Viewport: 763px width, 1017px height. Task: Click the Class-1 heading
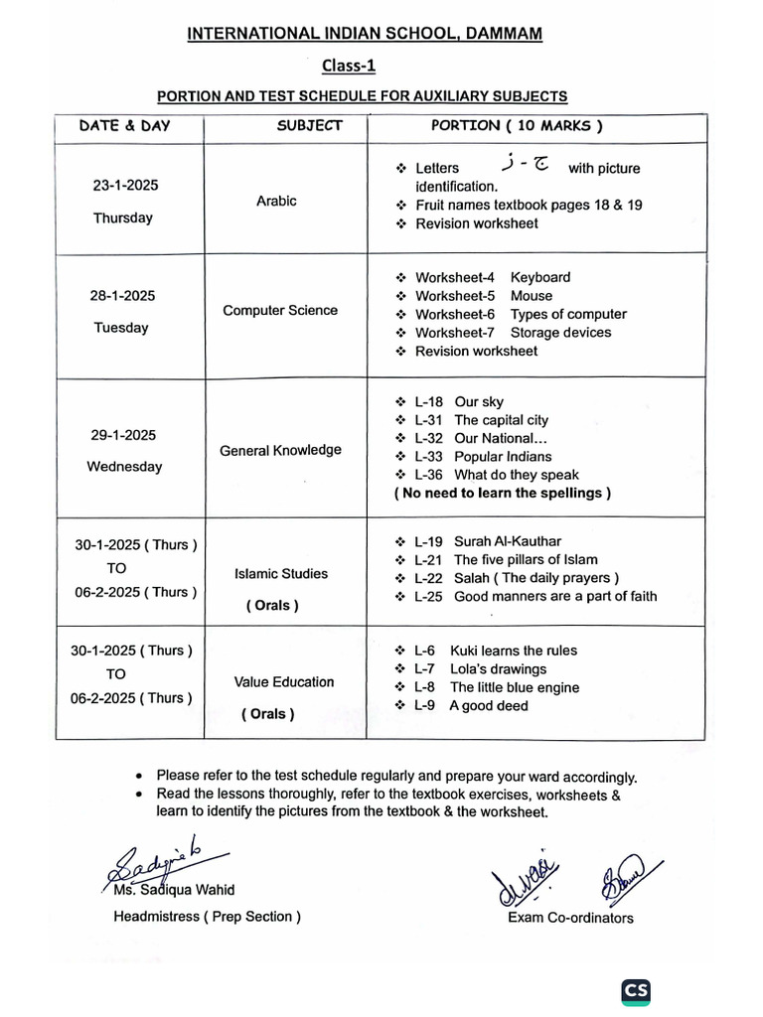(349, 67)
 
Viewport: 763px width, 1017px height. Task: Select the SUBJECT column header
(309, 126)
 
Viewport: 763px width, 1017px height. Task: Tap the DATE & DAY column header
(124, 126)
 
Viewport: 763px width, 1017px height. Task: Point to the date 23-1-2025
(125, 186)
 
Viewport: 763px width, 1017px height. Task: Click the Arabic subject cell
(276, 201)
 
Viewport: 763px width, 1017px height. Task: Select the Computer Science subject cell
(279, 310)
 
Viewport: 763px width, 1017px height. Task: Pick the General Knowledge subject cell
(279, 450)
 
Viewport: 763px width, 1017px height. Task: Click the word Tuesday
(120, 327)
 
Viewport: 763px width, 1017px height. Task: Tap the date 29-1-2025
(122, 435)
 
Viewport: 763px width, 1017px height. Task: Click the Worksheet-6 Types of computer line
(521, 314)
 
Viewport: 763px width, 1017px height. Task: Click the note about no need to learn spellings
(502, 493)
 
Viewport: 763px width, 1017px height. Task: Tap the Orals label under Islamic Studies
(272, 605)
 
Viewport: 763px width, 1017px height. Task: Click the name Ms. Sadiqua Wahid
(174, 890)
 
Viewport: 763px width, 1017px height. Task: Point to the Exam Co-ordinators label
(569, 918)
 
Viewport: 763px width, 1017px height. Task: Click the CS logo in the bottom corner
(636, 992)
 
